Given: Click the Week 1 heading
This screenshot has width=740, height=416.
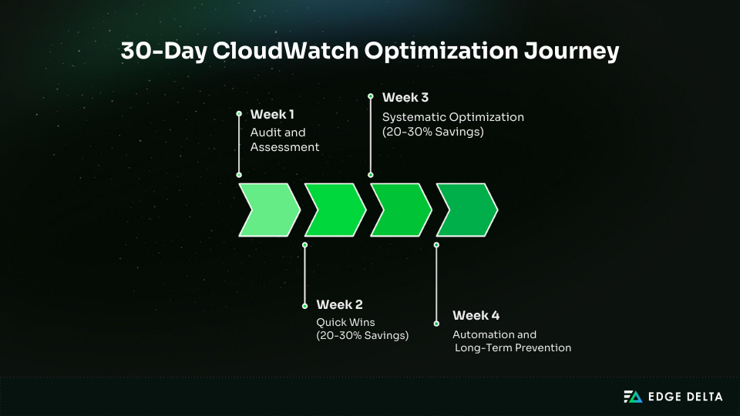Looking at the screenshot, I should [x=272, y=114].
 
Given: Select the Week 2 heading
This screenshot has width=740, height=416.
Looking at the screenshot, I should [x=339, y=304].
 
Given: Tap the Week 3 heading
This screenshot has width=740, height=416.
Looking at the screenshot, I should [x=405, y=97].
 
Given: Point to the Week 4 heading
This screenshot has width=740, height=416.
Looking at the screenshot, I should [x=476, y=315].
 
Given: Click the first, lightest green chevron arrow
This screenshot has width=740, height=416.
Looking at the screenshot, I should [x=267, y=210].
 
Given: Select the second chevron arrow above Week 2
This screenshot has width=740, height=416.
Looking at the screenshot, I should [x=334, y=210].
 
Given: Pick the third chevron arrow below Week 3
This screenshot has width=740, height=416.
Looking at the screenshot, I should [x=400, y=210].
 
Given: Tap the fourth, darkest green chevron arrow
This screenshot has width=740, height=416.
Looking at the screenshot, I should [x=466, y=210].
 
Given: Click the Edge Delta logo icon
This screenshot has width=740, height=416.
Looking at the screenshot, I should [x=632, y=397].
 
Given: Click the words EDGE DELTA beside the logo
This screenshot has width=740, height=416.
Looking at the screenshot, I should [x=685, y=397].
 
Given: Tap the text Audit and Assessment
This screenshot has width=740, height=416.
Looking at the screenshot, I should [x=284, y=139].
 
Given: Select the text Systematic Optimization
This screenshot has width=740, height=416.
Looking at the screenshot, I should [x=453, y=117].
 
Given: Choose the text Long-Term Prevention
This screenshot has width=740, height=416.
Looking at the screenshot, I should [x=513, y=347].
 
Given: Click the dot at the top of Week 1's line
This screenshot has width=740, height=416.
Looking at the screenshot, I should [x=239, y=113].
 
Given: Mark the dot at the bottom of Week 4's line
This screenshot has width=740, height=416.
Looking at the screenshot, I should [x=436, y=324].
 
